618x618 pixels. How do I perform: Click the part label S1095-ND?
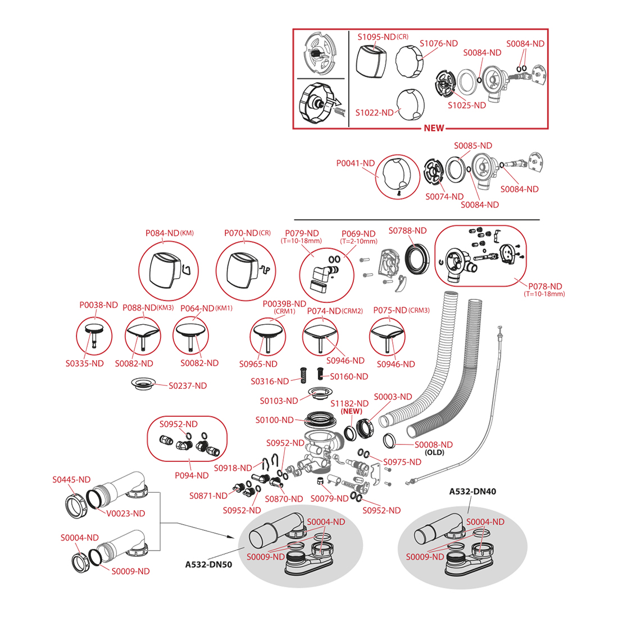(x=377, y=37)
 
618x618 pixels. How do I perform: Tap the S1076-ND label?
(x=438, y=43)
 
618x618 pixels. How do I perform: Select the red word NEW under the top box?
(x=434, y=128)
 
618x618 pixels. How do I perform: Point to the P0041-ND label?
(x=355, y=163)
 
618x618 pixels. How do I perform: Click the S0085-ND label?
(x=472, y=146)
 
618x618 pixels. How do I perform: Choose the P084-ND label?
(x=162, y=233)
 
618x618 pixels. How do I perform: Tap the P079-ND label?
(x=302, y=233)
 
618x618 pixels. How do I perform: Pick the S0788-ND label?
(x=407, y=230)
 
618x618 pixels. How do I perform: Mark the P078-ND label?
(x=545, y=286)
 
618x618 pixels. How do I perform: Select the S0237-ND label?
(x=188, y=385)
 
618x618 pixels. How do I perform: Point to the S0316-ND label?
(x=270, y=381)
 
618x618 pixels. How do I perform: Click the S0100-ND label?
(x=274, y=420)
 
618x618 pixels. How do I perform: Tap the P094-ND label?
(x=192, y=475)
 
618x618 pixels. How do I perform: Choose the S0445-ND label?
(x=71, y=480)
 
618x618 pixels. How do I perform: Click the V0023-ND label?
(x=126, y=513)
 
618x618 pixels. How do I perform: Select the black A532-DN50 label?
(x=208, y=565)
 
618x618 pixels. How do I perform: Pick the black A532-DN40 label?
(x=472, y=491)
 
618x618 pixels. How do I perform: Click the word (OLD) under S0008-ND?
(x=434, y=452)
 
